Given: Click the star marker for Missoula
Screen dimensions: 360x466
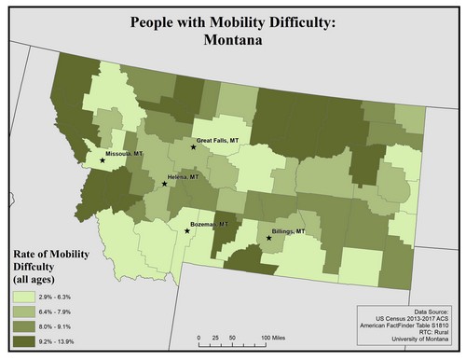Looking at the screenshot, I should pyautogui.click(x=103, y=159).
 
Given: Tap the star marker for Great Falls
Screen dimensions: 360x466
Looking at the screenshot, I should pyautogui.click(x=194, y=146).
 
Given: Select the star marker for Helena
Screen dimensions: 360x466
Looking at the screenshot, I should pyautogui.click(x=165, y=184).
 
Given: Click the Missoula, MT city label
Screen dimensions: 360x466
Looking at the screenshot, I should pyautogui.click(x=125, y=154).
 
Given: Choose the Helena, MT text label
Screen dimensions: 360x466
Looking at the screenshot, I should pyautogui.click(x=185, y=176).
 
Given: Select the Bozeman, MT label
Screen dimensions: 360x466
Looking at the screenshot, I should pyautogui.click(x=208, y=225).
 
